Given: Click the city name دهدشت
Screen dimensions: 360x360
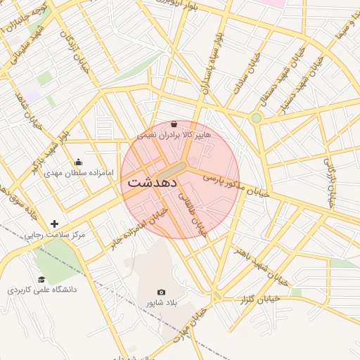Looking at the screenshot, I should click(153, 181).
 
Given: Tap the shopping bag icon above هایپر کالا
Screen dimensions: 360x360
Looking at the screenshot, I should click(174, 124).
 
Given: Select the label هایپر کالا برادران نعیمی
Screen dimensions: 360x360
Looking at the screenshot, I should click(173, 134).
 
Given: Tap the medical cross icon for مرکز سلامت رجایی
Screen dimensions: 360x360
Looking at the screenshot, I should click(55, 224).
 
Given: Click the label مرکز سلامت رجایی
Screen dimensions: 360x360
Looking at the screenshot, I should click(55, 235).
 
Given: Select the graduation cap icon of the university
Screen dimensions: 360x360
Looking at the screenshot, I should click(41, 279).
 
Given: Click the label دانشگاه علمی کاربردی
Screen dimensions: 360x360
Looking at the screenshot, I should click(42, 290).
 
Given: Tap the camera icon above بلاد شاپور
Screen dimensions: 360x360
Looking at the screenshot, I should click(162, 292).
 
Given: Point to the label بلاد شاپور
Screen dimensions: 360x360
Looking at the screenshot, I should click(162, 302).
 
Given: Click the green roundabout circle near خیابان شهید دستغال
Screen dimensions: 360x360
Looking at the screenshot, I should click(257, 117).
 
